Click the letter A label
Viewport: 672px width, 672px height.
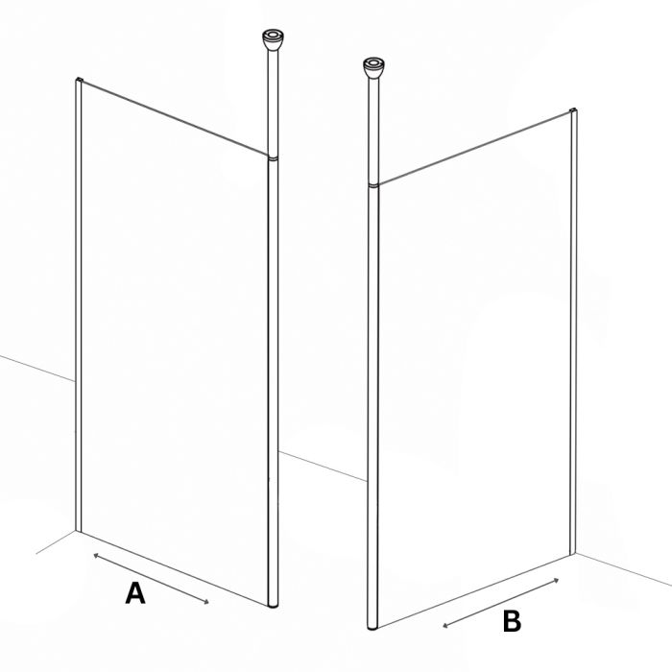[x=135, y=593]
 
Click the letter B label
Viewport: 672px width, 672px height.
[x=512, y=621]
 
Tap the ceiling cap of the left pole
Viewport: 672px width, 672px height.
[x=273, y=40]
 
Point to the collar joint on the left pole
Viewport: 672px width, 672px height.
[x=273, y=158]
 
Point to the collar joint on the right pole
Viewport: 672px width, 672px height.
[x=373, y=185]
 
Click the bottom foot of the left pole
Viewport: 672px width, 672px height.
[x=273, y=605]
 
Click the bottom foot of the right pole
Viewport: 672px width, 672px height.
[x=372, y=627]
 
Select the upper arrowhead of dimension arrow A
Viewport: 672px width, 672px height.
[x=96, y=556]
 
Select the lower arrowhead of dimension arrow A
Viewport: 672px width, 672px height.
[x=206, y=602]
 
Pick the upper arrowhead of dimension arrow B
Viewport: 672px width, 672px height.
[x=556, y=580]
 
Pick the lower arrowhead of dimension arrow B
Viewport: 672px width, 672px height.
[x=445, y=626]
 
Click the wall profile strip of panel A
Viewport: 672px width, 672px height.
[x=79, y=304]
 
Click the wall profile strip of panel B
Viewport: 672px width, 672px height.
[x=573, y=331]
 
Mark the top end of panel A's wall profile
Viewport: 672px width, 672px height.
[x=79, y=79]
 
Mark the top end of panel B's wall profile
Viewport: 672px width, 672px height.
[x=573, y=110]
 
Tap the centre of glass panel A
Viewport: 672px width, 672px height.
[x=175, y=343]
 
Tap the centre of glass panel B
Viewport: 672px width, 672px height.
[x=474, y=369]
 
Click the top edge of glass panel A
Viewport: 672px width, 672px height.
[x=175, y=118]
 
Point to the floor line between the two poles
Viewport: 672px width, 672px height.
[x=324, y=467]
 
